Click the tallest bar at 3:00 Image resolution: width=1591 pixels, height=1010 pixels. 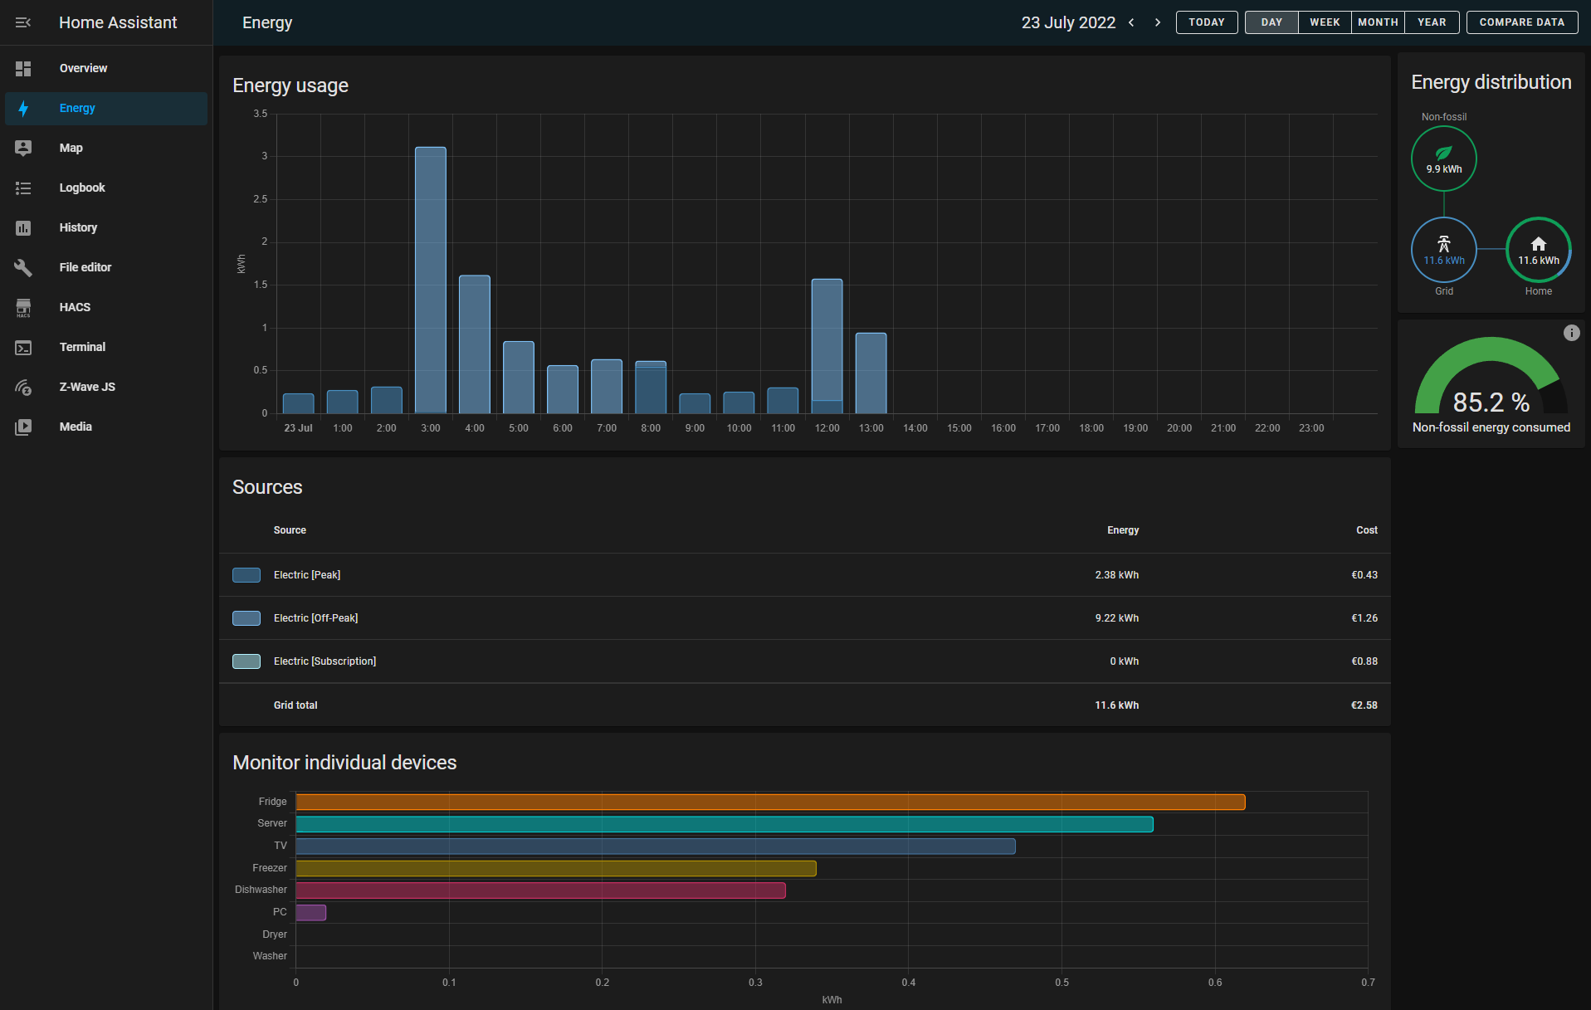(x=430, y=280)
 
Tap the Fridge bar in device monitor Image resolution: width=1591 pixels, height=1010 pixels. (x=770, y=802)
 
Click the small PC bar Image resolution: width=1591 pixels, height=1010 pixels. (x=311, y=912)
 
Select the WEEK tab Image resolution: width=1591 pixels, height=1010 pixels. (x=1325, y=22)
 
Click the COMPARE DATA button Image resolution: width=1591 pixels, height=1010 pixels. (x=1521, y=22)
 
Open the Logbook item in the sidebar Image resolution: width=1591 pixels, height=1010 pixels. (x=82, y=188)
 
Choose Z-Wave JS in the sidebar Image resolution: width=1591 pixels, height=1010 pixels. (x=87, y=387)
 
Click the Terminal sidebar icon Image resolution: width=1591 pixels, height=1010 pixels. (x=23, y=348)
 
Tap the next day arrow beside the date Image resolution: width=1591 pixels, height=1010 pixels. (x=1158, y=22)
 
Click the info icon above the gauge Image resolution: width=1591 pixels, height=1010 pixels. (x=1571, y=333)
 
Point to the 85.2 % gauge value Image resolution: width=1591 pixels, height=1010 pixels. (x=1491, y=403)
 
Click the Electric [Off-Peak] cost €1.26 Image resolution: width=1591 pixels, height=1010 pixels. (x=1364, y=618)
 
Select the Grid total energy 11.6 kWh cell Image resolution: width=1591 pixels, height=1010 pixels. (x=1116, y=705)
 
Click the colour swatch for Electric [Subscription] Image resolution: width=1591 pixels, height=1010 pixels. (x=246, y=661)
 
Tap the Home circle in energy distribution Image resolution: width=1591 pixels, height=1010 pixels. (x=1538, y=250)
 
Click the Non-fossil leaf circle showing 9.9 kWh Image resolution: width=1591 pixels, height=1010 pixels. (x=1443, y=159)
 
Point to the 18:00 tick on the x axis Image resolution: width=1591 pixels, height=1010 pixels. (x=1091, y=428)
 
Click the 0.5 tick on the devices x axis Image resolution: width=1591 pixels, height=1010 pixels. (x=1061, y=983)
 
